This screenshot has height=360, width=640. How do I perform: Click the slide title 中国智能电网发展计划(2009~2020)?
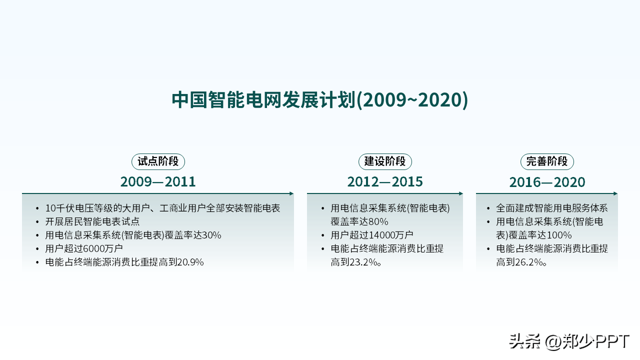pyautogui.click(x=319, y=99)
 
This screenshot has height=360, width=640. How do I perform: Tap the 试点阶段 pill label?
pyautogui.click(x=158, y=161)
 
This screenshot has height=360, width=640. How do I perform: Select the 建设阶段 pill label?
pyautogui.click(x=385, y=161)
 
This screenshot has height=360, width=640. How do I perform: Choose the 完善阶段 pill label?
pyautogui.click(x=547, y=161)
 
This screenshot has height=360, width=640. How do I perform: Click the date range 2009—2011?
pyautogui.click(x=158, y=181)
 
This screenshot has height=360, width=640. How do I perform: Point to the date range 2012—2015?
pyautogui.click(x=385, y=181)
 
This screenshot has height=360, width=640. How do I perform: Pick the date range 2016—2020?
pyautogui.click(x=547, y=182)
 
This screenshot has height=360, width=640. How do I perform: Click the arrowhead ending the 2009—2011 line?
pyautogui.click(x=291, y=193)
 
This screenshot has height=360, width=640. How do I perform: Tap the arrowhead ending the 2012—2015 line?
pyautogui.click(x=461, y=193)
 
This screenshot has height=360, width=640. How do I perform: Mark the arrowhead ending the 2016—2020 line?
pyautogui.click(x=615, y=193)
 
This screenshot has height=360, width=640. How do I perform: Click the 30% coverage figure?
pyautogui.click(x=211, y=235)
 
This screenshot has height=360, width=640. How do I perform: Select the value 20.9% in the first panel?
pyautogui.click(x=190, y=262)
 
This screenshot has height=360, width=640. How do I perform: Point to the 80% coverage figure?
pyautogui.click(x=378, y=221)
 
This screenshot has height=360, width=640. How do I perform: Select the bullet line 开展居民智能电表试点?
pyautogui.click(x=92, y=221)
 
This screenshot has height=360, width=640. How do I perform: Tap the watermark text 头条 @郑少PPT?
pyautogui.click(x=569, y=341)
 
